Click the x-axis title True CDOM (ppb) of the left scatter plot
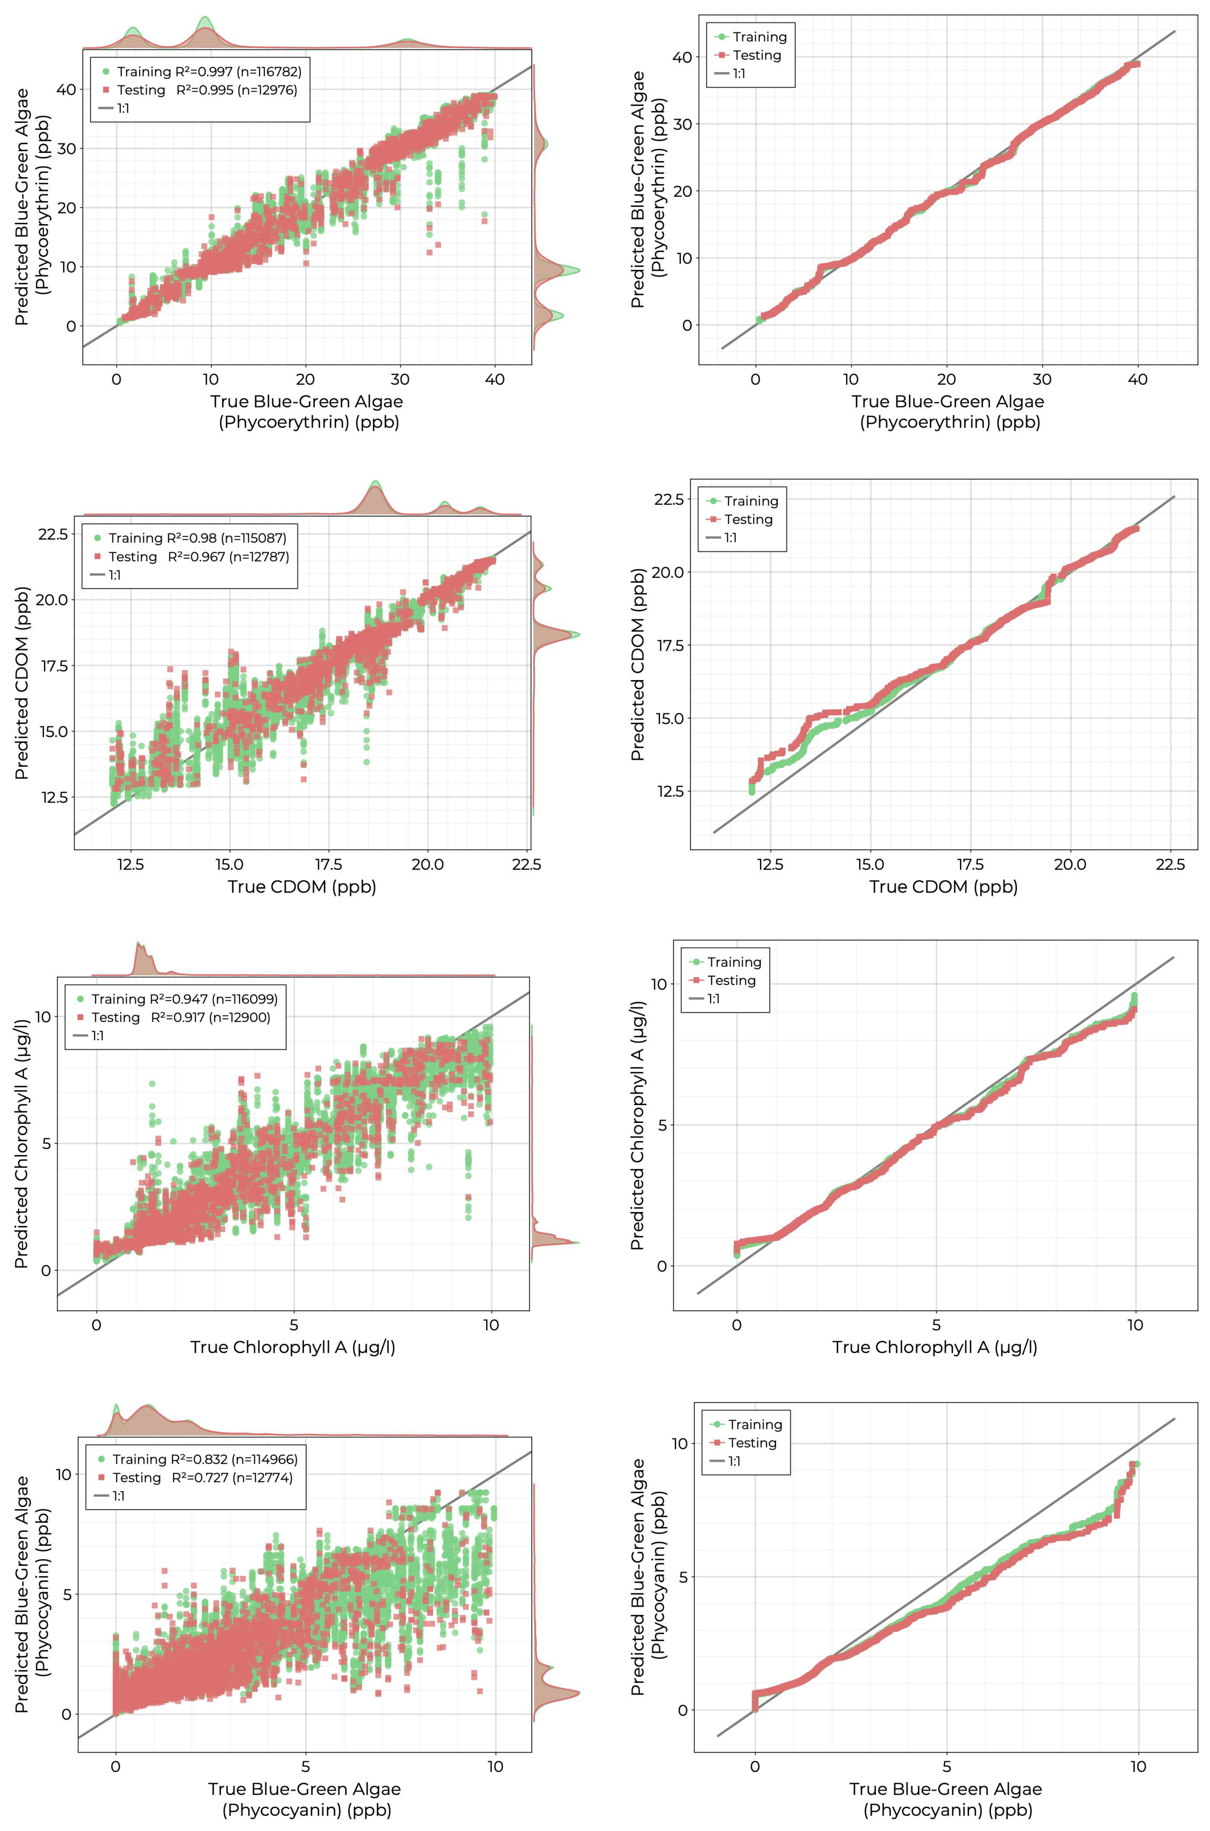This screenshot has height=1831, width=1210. pos(302,887)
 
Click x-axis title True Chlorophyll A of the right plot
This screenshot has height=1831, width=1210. pos(935,1347)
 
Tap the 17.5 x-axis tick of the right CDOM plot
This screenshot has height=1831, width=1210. pos(970,864)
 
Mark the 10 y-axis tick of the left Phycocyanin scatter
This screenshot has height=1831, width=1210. pos(63,1474)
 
